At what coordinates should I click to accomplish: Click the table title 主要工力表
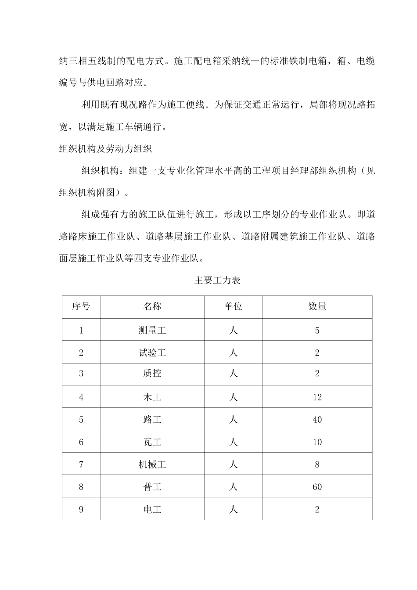click(x=217, y=280)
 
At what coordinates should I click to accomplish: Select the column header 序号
click(x=81, y=306)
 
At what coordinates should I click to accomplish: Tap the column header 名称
click(x=152, y=306)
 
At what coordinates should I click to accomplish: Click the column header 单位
click(x=233, y=306)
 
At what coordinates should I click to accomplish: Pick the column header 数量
click(x=317, y=306)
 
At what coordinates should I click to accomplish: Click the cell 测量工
click(x=152, y=330)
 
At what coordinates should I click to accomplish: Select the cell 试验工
click(x=152, y=353)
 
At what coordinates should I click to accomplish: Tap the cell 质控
click(x=152, y=374)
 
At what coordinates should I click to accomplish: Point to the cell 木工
click(x=152, y=397)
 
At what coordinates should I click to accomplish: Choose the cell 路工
click(x=152, y=420)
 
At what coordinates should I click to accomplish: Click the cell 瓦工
click(x=152, y=442)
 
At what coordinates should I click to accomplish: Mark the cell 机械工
click(x=152, y=464)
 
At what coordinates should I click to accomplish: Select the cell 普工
click(x=152, y=487)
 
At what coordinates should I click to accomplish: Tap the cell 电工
click(x=152, y=509)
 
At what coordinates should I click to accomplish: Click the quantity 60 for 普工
click(x=317, y=487)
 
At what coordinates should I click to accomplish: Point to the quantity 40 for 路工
click(x=317, y=420)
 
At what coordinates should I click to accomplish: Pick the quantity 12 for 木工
click(x=317, y=397)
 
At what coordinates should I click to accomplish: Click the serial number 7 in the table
click(x=81, y=464)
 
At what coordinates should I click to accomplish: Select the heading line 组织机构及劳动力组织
click(x=105, y=149)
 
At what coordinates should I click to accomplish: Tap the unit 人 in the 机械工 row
click(x=233, y=464)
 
